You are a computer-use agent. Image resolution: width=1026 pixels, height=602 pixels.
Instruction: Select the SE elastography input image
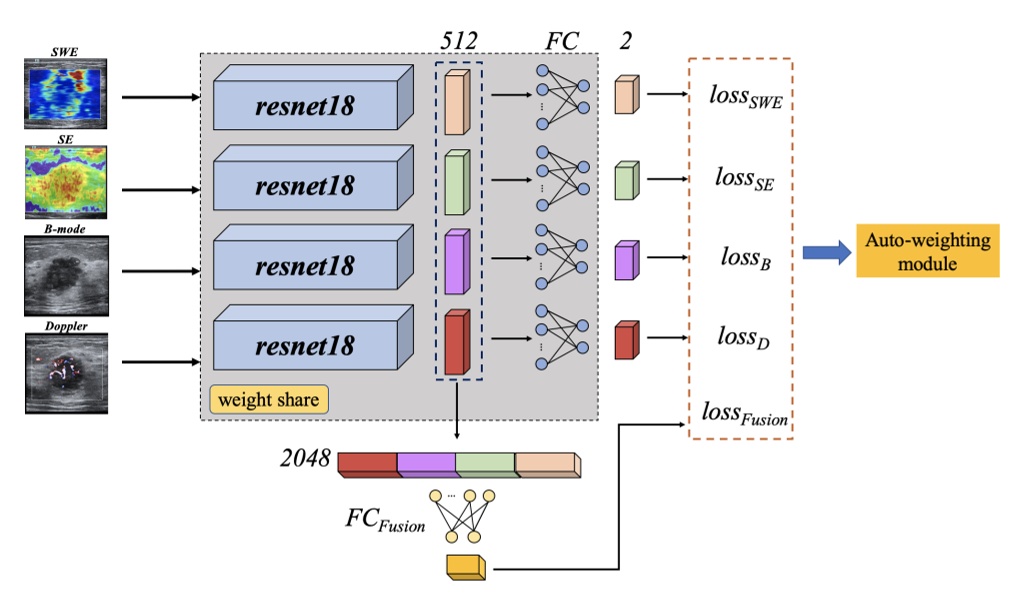(x=66, y=183)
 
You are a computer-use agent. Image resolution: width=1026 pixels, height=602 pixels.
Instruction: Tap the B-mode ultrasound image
(x=66, y=271)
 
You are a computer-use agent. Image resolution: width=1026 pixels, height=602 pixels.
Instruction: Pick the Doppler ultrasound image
(x=66, y=372)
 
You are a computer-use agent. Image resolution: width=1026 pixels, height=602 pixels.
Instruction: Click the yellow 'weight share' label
(x=268, y=400)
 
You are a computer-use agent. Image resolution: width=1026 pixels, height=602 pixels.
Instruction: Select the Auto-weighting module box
(x=927, y=252)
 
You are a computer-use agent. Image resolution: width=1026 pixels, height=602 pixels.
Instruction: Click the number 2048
(x=306, y=459)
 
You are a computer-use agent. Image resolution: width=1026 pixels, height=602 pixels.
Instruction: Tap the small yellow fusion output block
(x=464, y=568)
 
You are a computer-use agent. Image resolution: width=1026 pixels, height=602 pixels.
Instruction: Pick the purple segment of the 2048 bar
(x=426, y=463)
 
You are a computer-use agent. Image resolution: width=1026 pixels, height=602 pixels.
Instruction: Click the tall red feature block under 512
(x=455, y=342)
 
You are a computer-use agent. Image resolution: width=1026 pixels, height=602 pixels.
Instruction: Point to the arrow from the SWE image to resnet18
(x=160, y=98)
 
